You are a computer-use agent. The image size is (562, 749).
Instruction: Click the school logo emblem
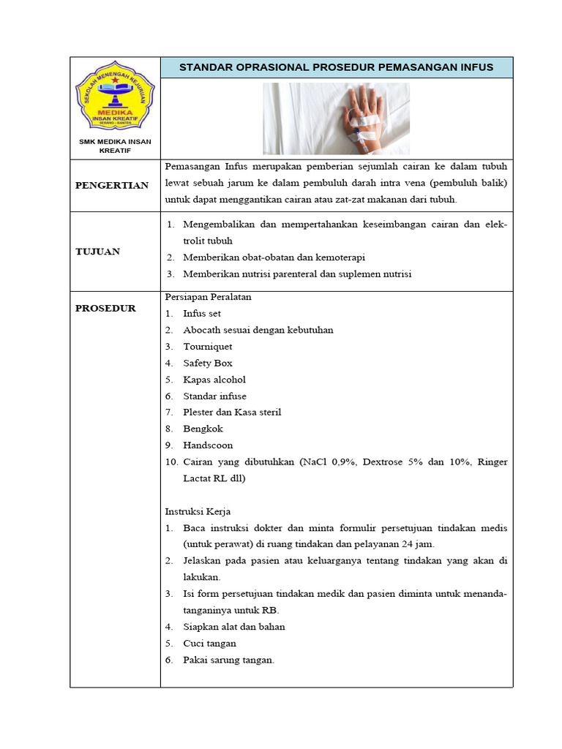pos(115,97)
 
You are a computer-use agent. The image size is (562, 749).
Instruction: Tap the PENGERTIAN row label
pos(112,185)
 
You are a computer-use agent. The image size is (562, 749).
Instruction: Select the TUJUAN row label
pos(97,252)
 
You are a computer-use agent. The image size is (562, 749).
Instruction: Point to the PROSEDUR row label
pos(105,309)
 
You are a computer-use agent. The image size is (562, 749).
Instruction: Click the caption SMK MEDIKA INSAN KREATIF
pos(115,146)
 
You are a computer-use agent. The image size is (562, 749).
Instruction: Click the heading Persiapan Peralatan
pos(209,297)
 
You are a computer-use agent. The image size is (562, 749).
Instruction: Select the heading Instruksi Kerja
pos(198,511)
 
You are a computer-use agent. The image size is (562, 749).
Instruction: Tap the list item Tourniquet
pos(207,347)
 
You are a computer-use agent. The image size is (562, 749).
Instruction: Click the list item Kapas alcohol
pos(214,380)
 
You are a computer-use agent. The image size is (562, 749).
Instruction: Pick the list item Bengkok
pos(203,429)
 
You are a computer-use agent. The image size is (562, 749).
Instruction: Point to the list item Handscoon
pos(208,445)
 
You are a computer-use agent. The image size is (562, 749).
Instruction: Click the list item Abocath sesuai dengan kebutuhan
pos(258,330)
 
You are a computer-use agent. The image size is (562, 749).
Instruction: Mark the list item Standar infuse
pos(214,396)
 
